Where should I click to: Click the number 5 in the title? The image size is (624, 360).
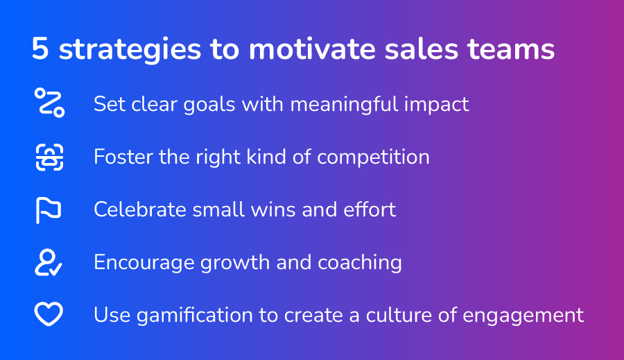(40, 49)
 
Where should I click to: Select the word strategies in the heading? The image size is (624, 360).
(130, 50)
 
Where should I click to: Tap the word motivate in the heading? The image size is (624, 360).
(312, 49)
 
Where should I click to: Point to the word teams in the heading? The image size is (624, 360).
(511, 49)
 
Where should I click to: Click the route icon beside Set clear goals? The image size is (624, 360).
(50, 103)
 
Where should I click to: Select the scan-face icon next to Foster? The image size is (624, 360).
(49, 157)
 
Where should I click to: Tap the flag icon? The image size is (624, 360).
(49, 210)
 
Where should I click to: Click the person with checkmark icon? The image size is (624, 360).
(48, 262)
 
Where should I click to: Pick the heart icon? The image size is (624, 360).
(49, 314)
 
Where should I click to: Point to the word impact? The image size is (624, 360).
(437, 105)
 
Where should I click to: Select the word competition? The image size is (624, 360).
(373, 157)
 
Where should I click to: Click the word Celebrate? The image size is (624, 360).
(140, 209)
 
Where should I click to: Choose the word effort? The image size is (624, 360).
(370, 209)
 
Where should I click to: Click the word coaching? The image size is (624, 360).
(360, 263)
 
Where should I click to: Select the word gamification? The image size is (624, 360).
(195, 316)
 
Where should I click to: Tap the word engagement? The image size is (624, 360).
(523, 316)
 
